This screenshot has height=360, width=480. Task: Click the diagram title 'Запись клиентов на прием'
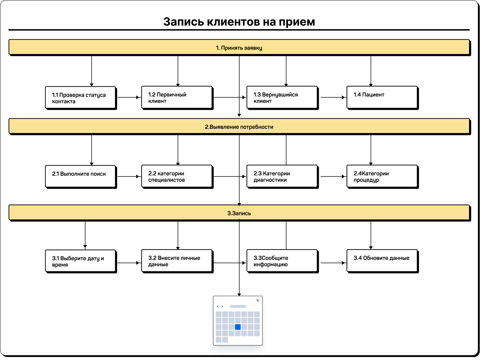[x=239, y=22]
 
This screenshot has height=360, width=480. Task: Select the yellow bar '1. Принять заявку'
[x=239, y=48]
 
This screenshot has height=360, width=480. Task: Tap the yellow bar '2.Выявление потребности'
[x=239, y=127]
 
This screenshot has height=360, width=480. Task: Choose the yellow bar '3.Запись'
[x=239, y=213]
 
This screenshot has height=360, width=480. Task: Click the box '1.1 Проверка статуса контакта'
[x=81, y=98]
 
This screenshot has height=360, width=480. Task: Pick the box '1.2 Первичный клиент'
[x=177, y=97]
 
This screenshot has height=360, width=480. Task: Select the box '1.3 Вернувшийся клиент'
[x=282, y=97]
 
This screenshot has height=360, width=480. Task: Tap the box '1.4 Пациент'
[x=382, y=97]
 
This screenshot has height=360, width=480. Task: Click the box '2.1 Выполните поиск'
[x=81, y=176]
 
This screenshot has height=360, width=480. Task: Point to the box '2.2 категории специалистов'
[x=177, y=176]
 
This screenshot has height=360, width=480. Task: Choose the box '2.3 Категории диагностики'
[x=282, y=176]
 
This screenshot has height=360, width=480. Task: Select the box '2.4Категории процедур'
[x=382, y=176]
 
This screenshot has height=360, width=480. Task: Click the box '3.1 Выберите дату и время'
[x=81, y=261]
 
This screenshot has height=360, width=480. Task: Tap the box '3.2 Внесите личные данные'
[x=177, y=261]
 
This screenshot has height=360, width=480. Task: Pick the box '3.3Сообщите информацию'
[x=282, y=261]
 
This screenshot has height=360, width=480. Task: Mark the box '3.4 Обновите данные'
[x=382, y=261]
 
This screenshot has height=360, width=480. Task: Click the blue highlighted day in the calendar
[x=238, y=327]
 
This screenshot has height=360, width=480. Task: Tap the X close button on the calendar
[x=258, y=300]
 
